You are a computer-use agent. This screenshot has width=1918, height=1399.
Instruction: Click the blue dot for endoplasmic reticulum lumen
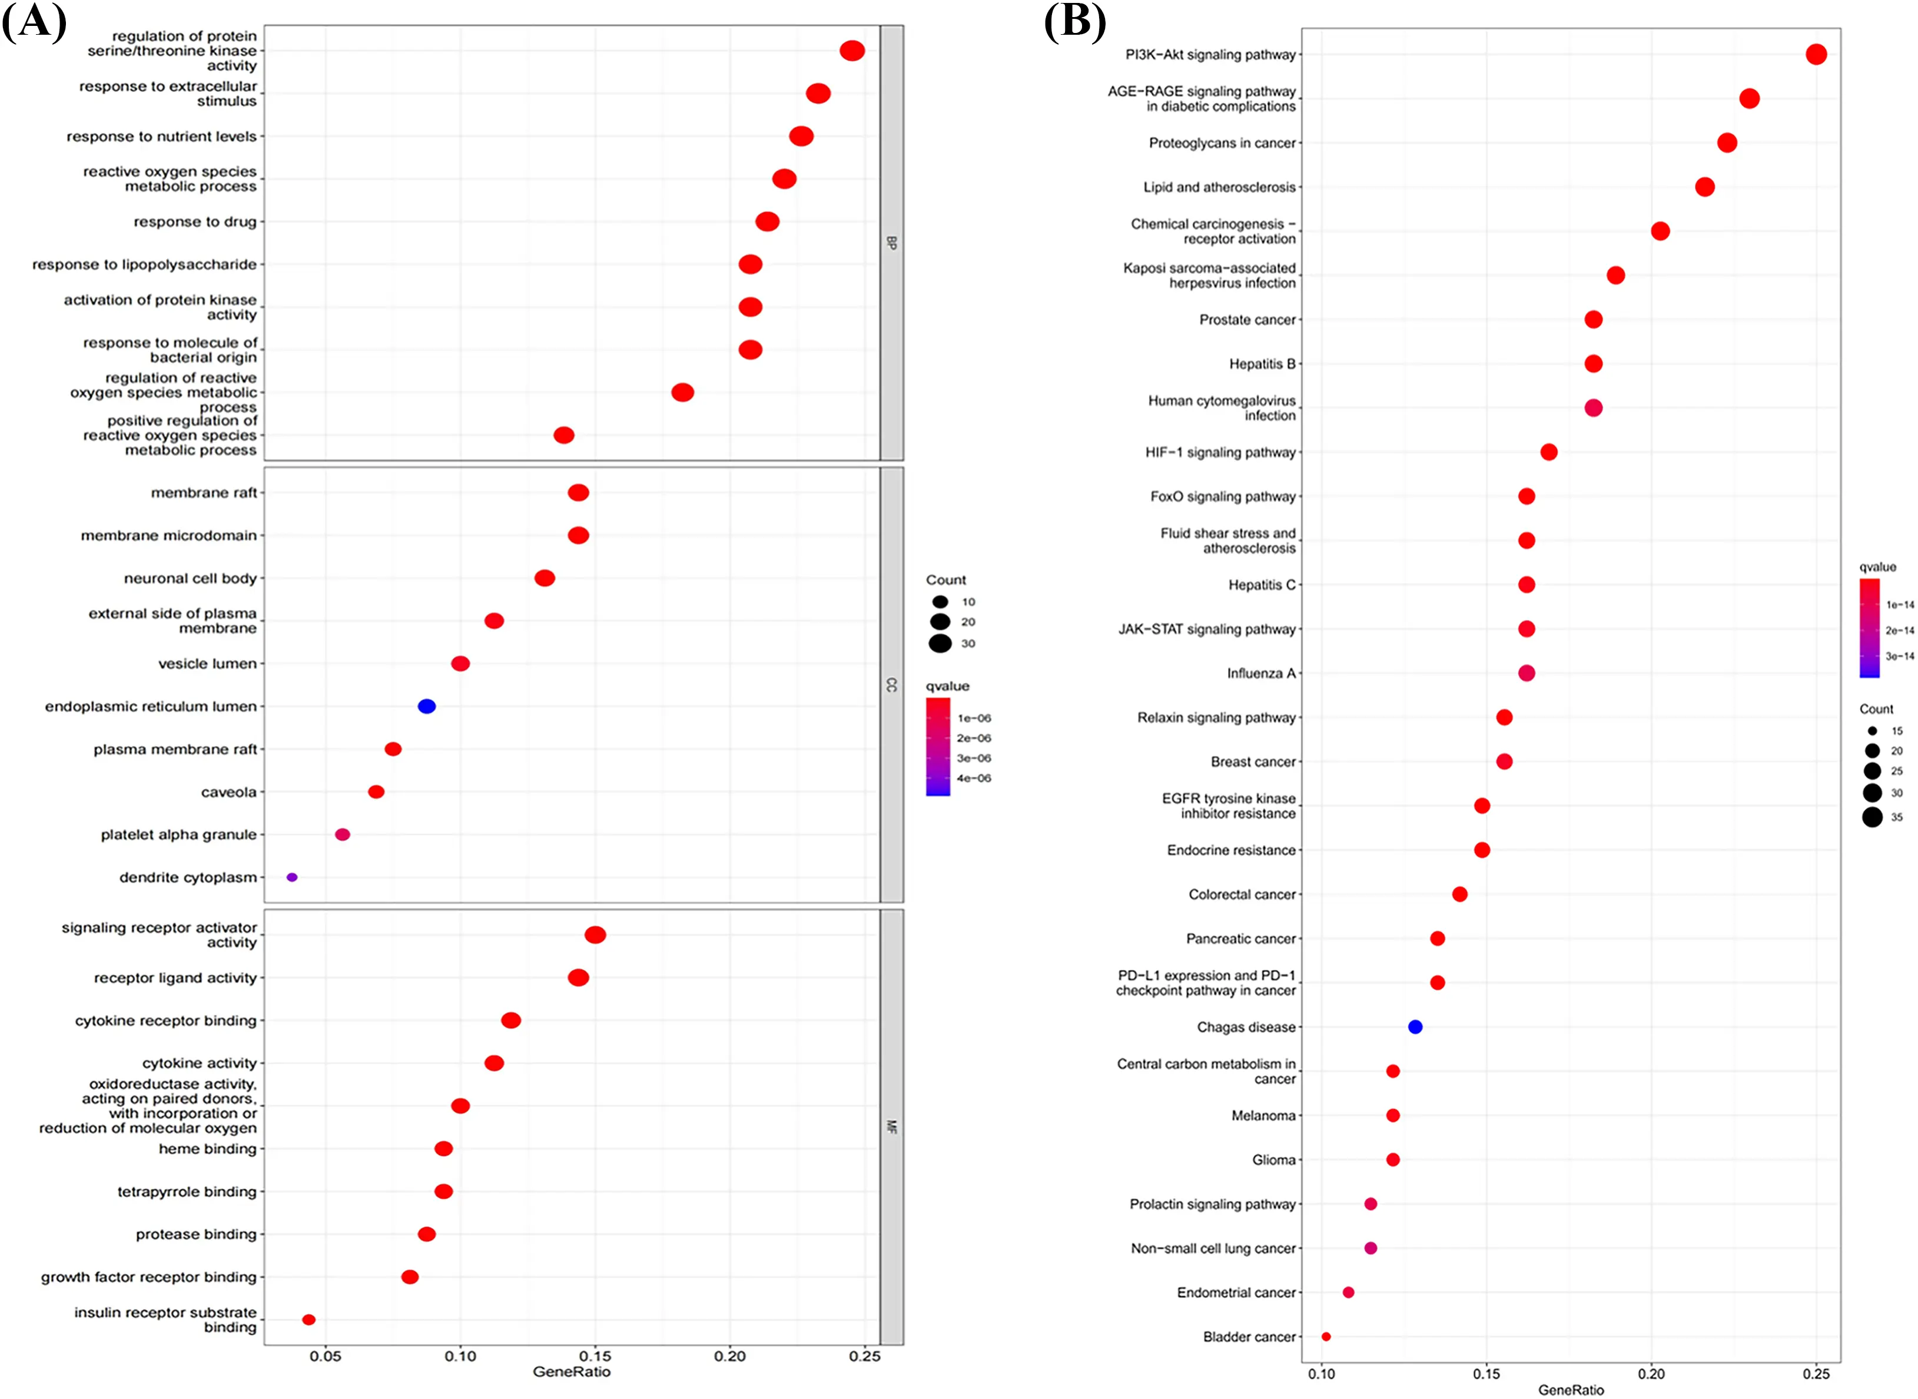(427, 707)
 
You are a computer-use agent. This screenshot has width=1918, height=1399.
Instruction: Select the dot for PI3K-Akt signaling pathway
(1816, 54)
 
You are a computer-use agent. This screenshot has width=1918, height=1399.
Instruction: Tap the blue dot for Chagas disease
(1415, 1026)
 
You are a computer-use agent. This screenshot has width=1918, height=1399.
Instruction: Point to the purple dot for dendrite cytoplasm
(292, 877)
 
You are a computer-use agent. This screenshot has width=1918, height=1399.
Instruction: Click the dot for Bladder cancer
(1326, 1337)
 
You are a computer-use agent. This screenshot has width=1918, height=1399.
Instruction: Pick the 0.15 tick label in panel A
(595, 1356)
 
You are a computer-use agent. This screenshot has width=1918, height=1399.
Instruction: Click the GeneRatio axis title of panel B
(1571, 1389)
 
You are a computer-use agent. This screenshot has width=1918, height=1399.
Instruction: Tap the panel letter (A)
(34, 21)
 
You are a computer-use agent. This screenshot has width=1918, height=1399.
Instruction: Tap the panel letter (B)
(1074, 21)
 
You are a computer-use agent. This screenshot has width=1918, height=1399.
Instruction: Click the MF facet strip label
(892, 1126)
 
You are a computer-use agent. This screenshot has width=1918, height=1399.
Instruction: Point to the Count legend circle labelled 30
(940, 644)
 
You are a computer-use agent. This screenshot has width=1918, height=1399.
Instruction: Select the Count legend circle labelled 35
(1872, 816)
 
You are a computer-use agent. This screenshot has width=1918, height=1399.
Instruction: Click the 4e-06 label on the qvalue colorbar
(974, 778)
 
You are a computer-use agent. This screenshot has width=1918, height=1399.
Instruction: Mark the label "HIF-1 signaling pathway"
(1220, 452)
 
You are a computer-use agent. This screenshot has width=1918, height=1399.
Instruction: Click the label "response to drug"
(195, 222)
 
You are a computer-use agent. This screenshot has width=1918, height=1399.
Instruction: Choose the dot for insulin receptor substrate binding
(309, 1320)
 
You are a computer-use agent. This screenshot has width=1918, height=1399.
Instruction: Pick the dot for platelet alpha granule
(342, 834)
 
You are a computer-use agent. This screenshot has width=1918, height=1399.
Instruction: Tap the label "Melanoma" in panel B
(1263, 1115)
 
